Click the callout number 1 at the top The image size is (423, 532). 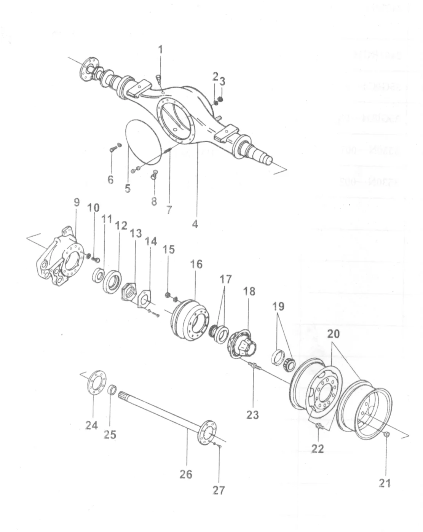pos(160,50)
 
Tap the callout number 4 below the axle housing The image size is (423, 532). pos(195,224)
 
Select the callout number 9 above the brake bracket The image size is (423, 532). pos(77,202)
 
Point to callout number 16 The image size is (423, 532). pos(196,264)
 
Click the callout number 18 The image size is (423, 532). pos(249,291)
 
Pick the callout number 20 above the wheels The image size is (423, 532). pos(334,334)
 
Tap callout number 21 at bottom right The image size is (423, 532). pos(385,483)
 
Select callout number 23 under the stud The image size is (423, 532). pos(252,414)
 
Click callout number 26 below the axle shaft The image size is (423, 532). pos(186,474)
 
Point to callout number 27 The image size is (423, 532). pos(219,491)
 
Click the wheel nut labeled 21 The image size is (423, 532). pos(386,435)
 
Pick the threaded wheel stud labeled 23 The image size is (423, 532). pos(255,367)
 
